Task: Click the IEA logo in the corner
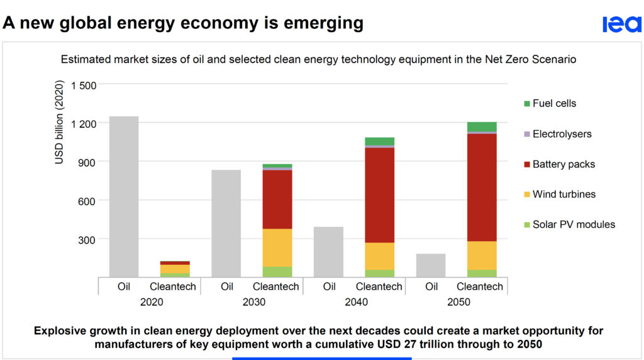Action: point(621,24)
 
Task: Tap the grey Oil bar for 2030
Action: point(226,223)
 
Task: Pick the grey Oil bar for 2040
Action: point(328,252)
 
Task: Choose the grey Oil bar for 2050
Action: point(431,265)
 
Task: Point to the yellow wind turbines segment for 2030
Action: point(277,247)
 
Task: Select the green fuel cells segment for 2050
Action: point(482,127)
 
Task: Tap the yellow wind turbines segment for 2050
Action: point(482,255)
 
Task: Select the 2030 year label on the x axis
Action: point(253,302)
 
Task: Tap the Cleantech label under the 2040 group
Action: point(379,287)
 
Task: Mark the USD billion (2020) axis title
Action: point(60,123)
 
